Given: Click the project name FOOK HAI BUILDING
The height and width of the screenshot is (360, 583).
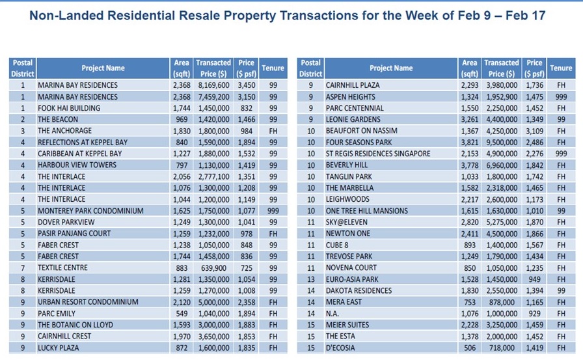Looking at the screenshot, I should click(x=68, y=108).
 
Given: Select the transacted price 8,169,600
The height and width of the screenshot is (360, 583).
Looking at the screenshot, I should click(x=213, y=85).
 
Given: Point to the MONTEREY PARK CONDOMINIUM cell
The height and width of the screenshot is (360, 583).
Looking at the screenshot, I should click(x=87, y=211).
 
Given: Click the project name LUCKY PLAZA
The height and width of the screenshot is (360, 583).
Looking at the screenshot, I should click(x=59, y=348).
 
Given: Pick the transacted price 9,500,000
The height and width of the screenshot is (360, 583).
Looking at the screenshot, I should click(x=501, y=143).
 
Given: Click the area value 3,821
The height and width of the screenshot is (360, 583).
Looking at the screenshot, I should click(x=469, y=143).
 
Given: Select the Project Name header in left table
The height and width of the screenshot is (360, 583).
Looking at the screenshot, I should click(x=103, y=68).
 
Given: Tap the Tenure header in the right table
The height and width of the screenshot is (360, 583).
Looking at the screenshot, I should click(x=561, y=68).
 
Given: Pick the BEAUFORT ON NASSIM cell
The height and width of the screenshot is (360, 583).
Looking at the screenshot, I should click(x=360, y=131).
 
